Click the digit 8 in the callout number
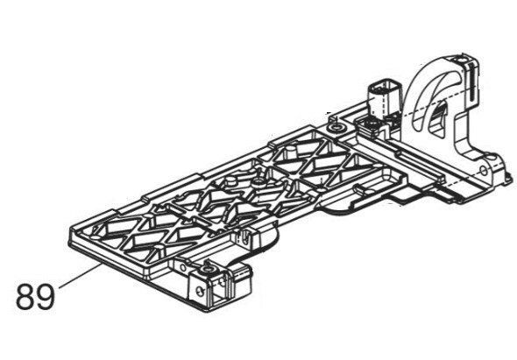click(x=25, y=296)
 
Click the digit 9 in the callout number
click(x=45, y=296)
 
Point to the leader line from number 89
click(x=80, y=276)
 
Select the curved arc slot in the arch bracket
click(x=436, y=95)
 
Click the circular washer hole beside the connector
click(x=336, y=127)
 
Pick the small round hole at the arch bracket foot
click(x=484, y=171)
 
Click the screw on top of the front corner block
click(x=208, y=269)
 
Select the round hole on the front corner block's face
click(x=199, y=291)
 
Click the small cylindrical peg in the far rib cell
click(x=290, y=153)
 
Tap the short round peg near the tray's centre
click(x=230, y=180)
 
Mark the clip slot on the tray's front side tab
click(x=244, y=238)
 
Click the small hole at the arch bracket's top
click(x=460, y=60)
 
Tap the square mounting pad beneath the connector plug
click(x=371, y=124)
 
